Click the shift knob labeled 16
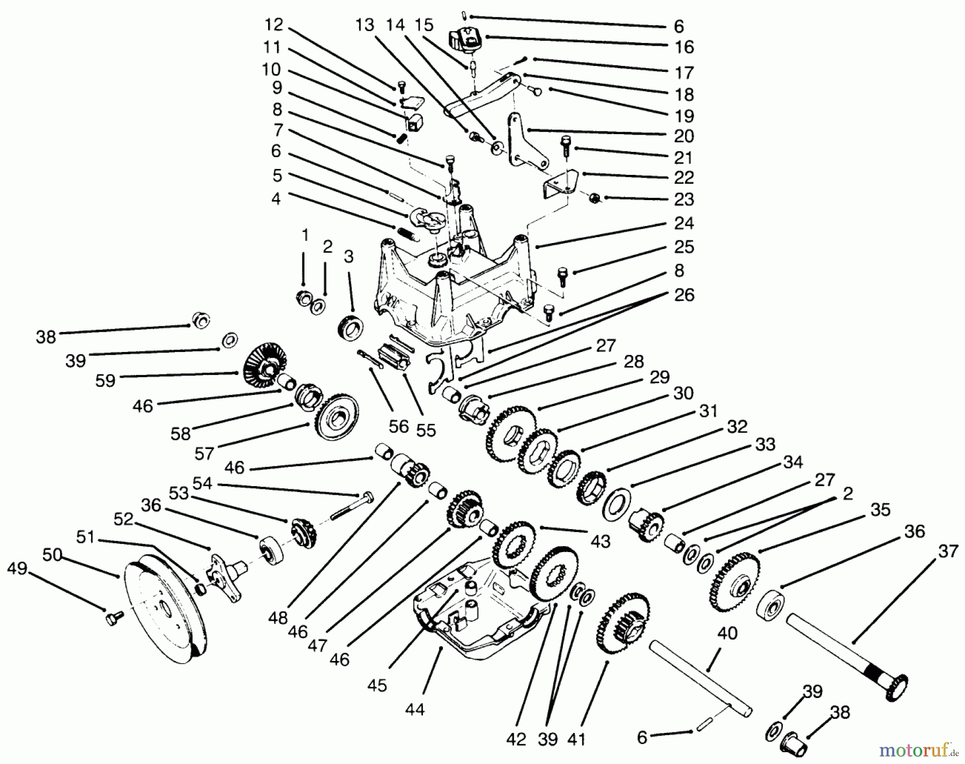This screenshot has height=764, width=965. [x=463, y=41]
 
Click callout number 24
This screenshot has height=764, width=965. [x=684, y=222]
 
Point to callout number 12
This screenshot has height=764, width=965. [x=273, y=25]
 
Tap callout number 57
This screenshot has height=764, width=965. [x=204, y=454]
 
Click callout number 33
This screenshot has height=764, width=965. [x=766, y=444]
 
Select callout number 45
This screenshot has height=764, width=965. [x=377, y=686]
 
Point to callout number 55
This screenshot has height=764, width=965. [x=426, y=430]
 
